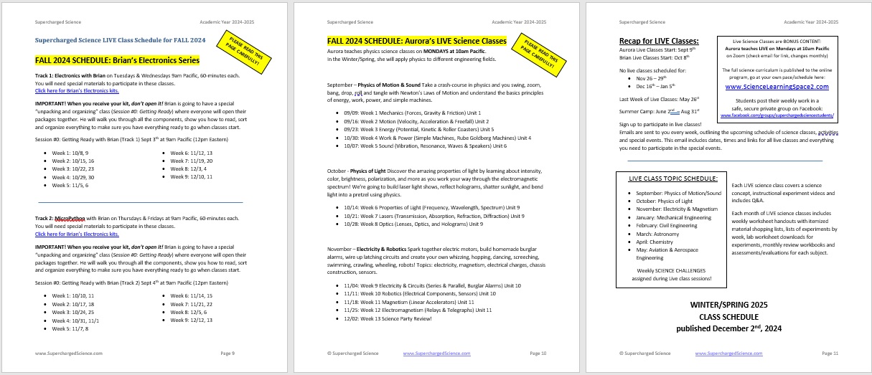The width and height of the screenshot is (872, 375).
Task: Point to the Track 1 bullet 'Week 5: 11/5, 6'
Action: [x=70, y=185]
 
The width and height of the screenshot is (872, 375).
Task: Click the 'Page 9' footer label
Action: [x=228, y=353]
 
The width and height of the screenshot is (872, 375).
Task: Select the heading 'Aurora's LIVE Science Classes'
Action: [x=416, y=41]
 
